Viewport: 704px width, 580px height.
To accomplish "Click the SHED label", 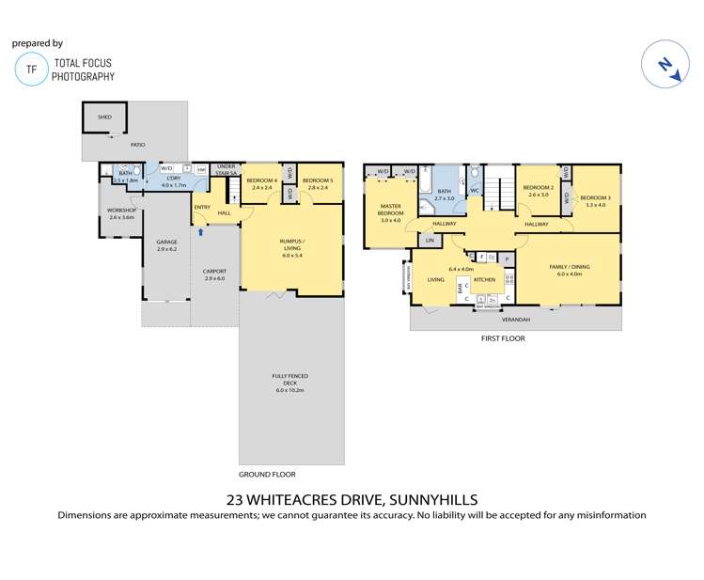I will point(104,118).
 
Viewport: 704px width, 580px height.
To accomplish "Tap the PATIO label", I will point(137,144).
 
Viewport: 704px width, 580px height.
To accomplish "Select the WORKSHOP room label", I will point(122,212).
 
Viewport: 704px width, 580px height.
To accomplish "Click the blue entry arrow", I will point(199,219).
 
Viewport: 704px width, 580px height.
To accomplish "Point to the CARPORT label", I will point(214,274).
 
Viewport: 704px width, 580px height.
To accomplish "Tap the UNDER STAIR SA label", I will point(227,168).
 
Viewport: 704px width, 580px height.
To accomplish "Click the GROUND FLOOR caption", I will point(266,475).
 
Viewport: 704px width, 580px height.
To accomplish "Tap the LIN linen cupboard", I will point(430,242).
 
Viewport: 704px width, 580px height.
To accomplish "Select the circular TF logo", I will point(32,70).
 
